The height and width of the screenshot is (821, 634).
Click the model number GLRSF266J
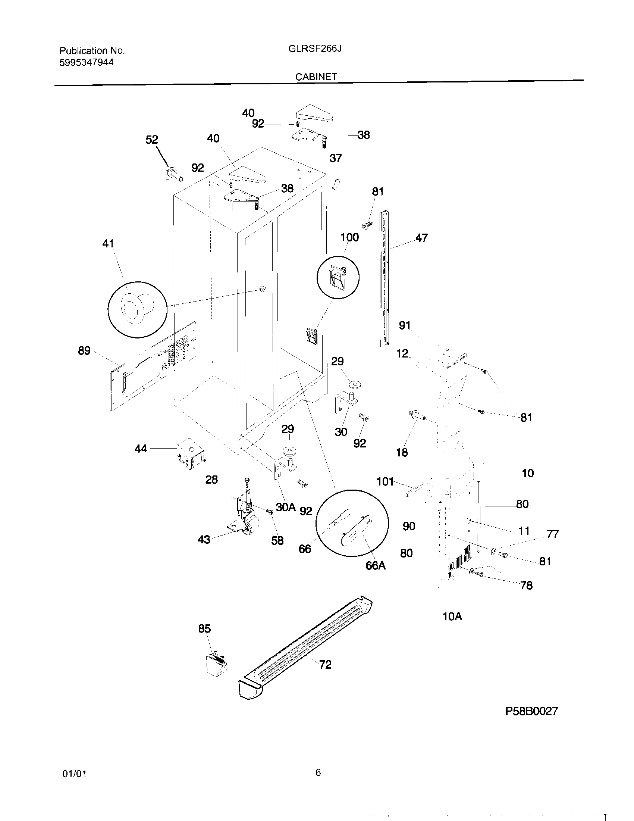click(315, 49)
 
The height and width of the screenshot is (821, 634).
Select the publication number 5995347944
click(87, 62)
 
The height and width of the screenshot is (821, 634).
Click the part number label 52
click(152, 140)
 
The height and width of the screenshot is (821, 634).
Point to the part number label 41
click(108, 244)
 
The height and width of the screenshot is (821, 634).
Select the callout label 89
click(84, 351)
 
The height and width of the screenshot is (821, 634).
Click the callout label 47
click(421, 238)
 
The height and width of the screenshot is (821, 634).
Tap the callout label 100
click(349, 237)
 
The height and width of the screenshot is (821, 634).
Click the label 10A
click(452, 616)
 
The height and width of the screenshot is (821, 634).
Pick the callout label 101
click(385, 481)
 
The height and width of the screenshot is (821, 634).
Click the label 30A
click(285, 507)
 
